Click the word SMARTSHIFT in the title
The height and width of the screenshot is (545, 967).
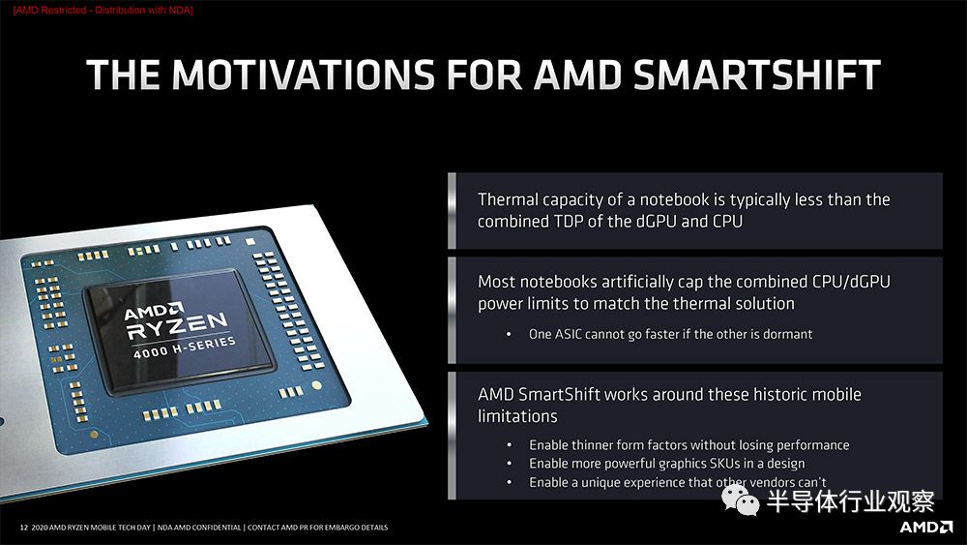coord(757,75)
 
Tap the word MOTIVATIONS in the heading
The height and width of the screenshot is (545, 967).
coord(304,75)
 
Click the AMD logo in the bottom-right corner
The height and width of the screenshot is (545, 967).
coord(925,527)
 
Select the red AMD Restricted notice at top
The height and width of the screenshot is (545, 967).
coord(103,10)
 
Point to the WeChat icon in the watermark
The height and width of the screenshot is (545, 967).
coord(740,499)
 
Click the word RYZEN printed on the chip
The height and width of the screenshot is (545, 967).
coord(177,325)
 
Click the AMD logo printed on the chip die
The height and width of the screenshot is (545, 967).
coord(154,311)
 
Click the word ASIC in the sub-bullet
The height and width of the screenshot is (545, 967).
coord(568,334)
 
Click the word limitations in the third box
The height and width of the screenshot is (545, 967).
coord(517,416)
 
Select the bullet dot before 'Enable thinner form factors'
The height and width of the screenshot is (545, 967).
coord(509,445)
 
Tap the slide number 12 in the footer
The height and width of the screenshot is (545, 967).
coord(24,528)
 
